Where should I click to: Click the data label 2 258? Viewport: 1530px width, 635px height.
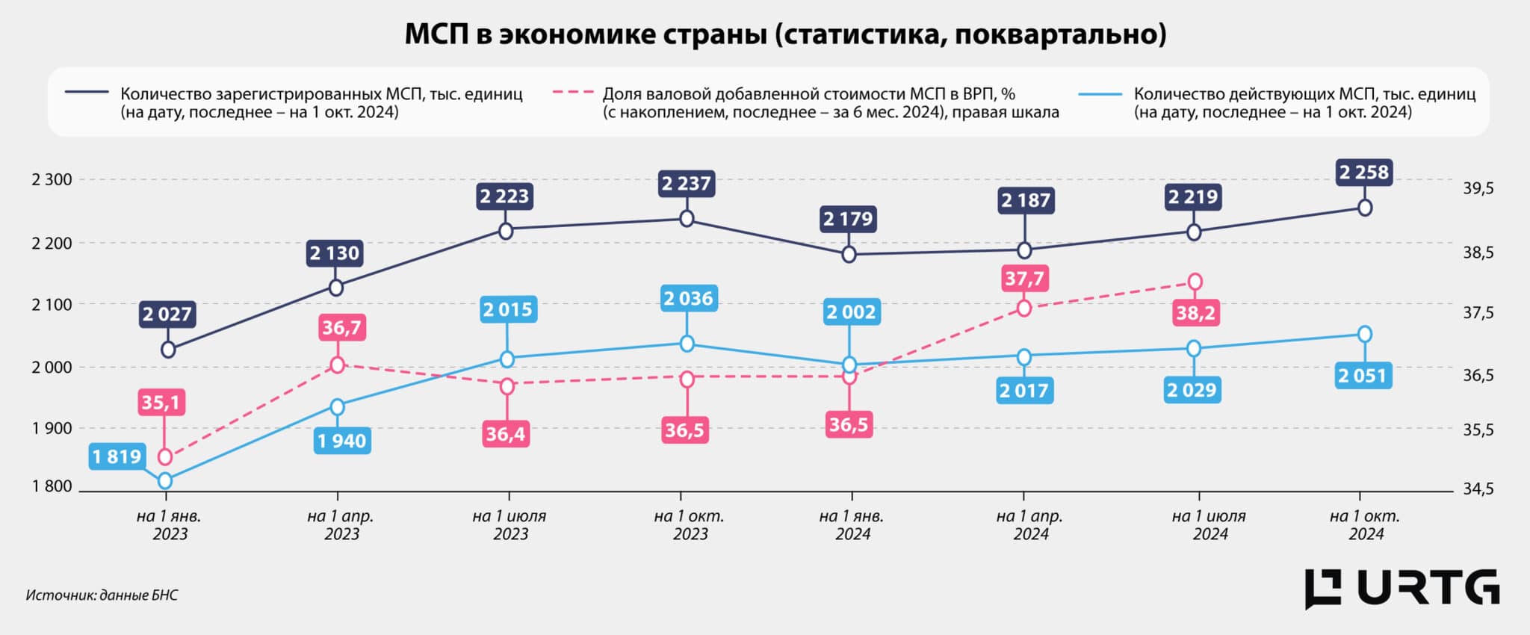pos(1363,173)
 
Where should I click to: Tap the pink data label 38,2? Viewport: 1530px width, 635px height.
pos(1195,312)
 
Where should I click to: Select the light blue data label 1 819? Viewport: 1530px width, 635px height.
pos(117,456)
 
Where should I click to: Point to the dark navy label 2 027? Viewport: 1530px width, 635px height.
pos(167,314)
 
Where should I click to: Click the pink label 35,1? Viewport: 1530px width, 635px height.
pos(161,403)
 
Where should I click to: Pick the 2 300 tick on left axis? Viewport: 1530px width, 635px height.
pos(52,179)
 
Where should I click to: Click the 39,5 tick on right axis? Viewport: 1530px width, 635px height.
pos(1478,188)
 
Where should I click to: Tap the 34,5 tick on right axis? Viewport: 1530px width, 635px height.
pos(1478,489)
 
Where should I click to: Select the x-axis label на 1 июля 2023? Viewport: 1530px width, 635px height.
pos(510,524)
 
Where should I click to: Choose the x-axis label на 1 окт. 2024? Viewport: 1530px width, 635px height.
pos(1365,524)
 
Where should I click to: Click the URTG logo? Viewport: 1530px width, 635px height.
pos(1402,589)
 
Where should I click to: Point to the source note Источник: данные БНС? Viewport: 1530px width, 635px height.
pos(102,595)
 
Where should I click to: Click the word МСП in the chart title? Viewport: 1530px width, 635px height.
pos(436,34)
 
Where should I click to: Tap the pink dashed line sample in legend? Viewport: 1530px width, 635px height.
pos(572,93)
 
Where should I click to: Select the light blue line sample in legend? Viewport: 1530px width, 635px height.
pos(1100,94)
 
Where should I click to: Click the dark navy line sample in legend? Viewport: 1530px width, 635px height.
pos(87,93)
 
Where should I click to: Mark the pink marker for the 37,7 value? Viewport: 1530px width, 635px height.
pos(1024,308)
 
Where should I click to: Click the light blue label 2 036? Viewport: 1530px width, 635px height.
pos(688,299)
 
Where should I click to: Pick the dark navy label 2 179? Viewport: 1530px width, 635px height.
pos(848,219)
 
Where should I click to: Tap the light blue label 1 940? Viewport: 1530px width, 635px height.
pos(342,441)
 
